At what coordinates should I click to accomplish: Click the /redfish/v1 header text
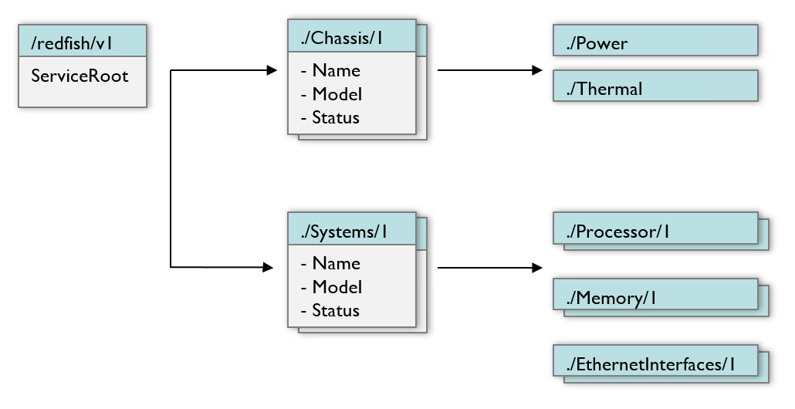[73, 43]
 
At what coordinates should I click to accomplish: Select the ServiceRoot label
[79, 76]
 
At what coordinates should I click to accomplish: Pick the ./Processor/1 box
[655, 230]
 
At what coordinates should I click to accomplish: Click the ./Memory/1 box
[655, 296]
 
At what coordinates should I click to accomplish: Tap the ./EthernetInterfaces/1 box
[655, 362]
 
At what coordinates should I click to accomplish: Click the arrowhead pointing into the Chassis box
[271, 71]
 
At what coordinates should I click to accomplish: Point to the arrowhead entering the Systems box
[269, 268]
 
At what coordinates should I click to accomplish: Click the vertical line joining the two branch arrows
[170, 170]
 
